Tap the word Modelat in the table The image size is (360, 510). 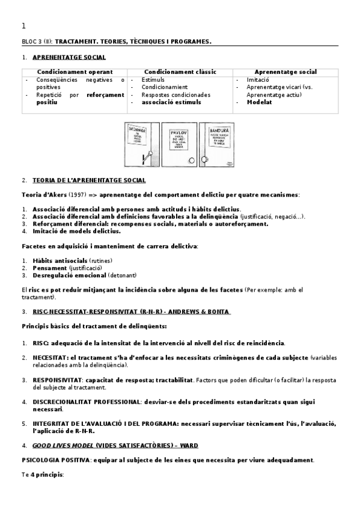[260, 102]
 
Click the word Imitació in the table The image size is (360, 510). [258, 79]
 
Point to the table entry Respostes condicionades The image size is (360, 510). [176, 94]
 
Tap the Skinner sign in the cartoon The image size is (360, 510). [136, 134]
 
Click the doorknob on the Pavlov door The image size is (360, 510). [191, 160]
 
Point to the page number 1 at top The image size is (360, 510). [23, 26]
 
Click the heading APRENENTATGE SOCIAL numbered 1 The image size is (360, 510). [69, 57]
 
